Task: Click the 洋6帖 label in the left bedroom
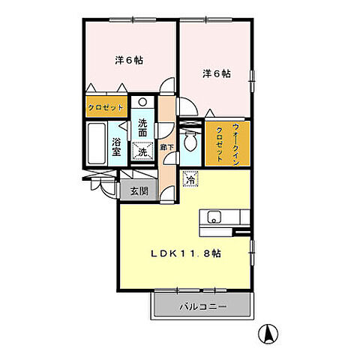click(128, 61)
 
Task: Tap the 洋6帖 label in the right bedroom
click(215, 73)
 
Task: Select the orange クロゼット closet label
click(106, 108)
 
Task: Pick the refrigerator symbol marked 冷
click(190, 179)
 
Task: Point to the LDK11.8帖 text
click(187, 252)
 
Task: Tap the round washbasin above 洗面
click(143, 103)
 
